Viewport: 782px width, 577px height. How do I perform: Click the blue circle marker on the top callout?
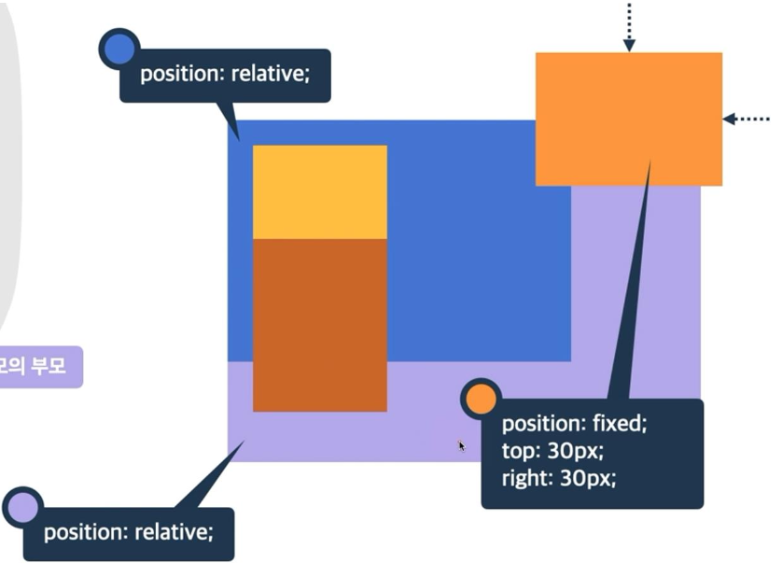coord(119,49)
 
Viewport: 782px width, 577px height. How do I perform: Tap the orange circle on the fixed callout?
coord(481,399)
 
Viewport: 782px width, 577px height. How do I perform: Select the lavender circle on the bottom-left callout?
coord(21,507)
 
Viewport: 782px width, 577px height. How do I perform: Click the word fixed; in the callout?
coord(620,423)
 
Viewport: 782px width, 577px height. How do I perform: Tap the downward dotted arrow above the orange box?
coord(629,26)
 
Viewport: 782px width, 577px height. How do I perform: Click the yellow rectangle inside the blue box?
coord(319,191)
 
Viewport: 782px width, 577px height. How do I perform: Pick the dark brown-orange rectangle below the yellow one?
coord(319,324)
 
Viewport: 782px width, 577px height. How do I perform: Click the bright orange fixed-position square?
coord(628,119)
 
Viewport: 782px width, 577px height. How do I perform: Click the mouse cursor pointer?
coord(461,446)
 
